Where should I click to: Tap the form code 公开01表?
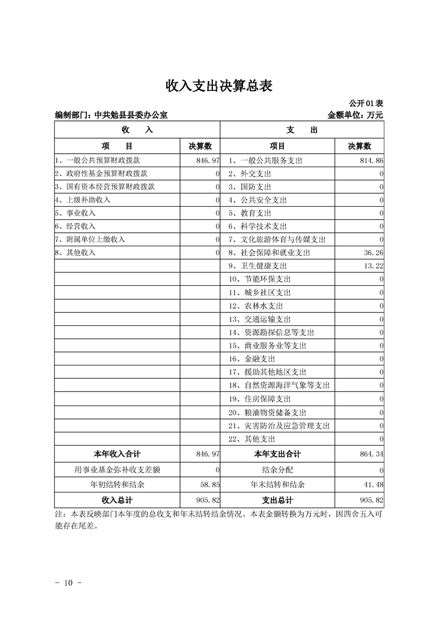click(366, 104)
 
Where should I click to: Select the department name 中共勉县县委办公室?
click(130, 115)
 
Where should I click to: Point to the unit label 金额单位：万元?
click(355, 115)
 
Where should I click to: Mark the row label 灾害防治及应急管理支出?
click(279, 426)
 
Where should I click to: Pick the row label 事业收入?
click(78, 213)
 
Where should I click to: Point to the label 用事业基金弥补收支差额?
click(118, 470)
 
